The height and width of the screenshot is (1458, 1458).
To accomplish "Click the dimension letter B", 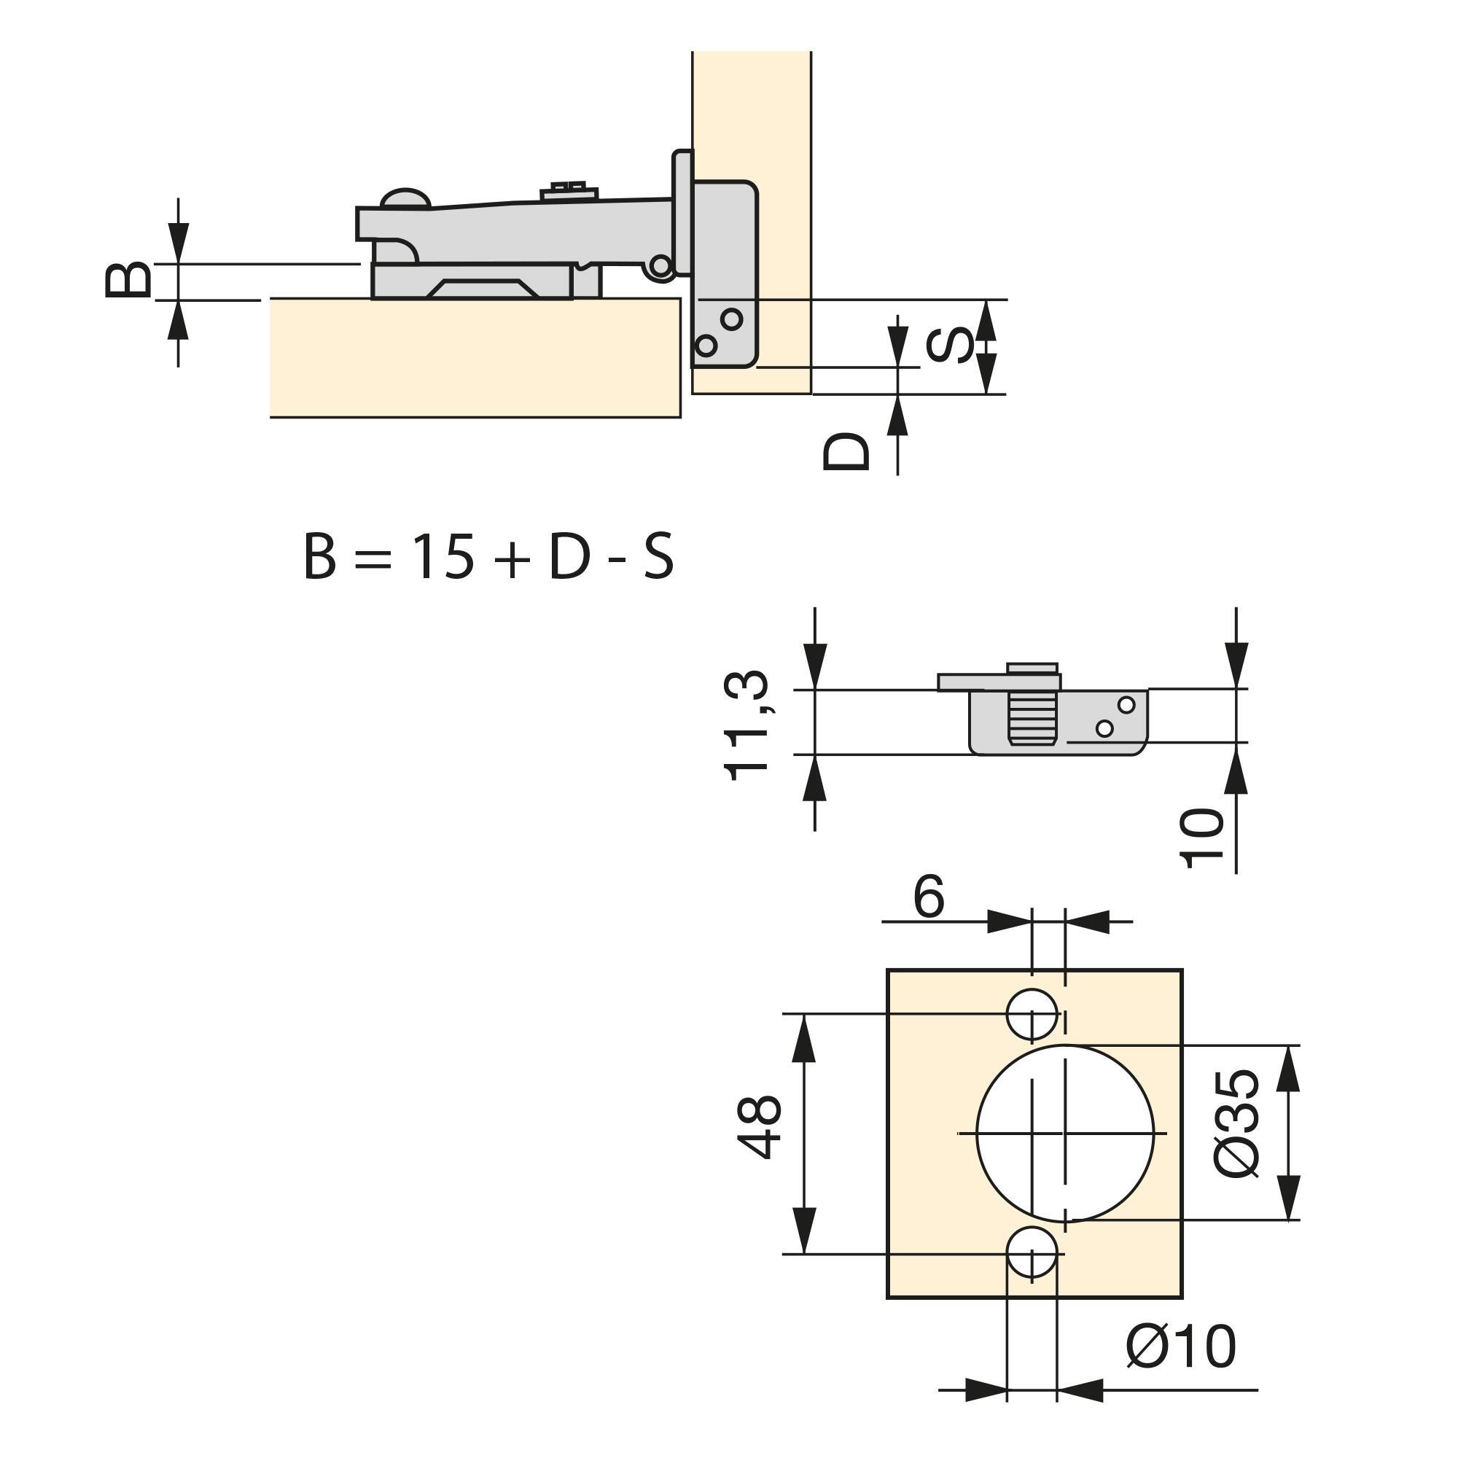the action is [x=128, y=280].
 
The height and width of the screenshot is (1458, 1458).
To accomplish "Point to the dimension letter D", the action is [x=846, y=451].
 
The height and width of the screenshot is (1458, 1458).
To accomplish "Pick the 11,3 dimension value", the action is [x=746, y=725].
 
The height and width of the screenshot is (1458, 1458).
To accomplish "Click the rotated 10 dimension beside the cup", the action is [x=1201, y=838].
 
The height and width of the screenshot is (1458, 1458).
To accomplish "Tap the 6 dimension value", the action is [x=928, y=897].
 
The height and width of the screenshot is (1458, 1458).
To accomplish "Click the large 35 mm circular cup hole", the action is [x=1065, y=1134].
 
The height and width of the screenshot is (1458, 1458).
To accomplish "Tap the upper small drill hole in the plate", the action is [x=1032, y=1014].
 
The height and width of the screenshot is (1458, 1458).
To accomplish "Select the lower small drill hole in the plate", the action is [x=1032, y=1252].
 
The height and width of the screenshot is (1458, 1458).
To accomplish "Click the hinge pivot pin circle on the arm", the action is [x=661, y=265].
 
